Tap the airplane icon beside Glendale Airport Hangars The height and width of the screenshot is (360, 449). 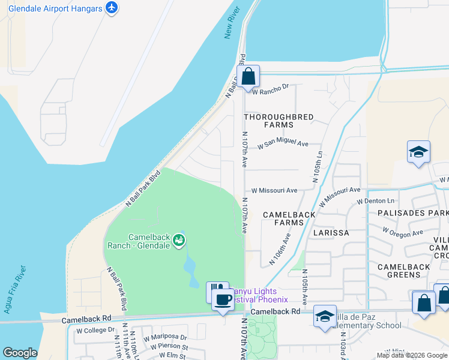[111, 8]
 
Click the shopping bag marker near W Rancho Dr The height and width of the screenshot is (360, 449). [247, 77]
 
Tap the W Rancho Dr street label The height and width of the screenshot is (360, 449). [270, 89]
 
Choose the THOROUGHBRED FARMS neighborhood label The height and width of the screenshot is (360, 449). [279, 121]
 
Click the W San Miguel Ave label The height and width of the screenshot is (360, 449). [283, 145]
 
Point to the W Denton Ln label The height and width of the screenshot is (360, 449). [376, 201]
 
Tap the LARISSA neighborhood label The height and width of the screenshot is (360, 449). [331, 232]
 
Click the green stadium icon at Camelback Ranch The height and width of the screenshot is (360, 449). [178, 241]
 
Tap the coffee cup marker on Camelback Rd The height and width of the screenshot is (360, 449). [223, 300]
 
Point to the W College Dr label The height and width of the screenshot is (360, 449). [95, 330]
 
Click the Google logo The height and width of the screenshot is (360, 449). [20, 353]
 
